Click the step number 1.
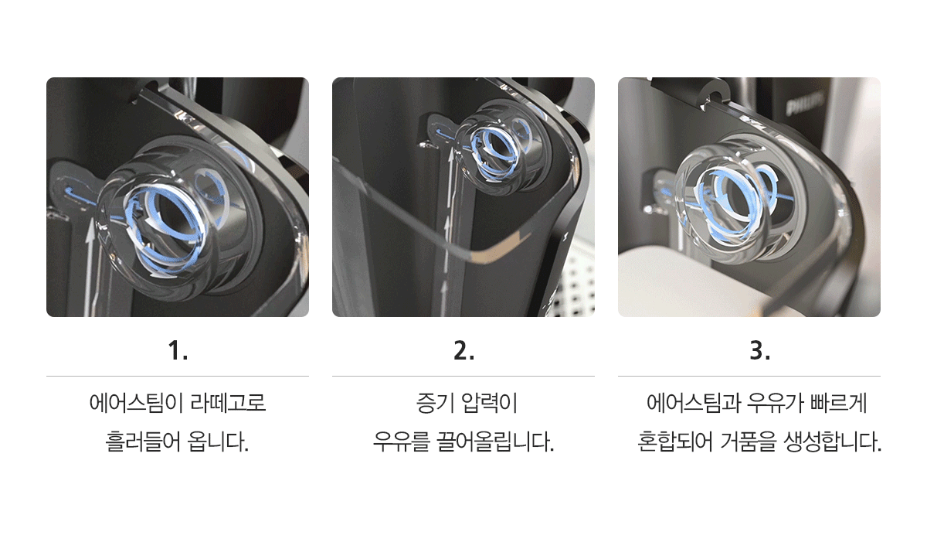[x=178, y=350]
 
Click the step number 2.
[x=464, y=350]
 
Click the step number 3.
[x=760, y=350]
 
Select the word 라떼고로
[x=228, y=403]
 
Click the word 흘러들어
[x=143, y=442]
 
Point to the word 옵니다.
[x=218, y=442]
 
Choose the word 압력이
[x=490, y=403]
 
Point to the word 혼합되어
[x=675, y=442]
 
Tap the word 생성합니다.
[x=833, y=442]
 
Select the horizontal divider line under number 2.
[x=463, y=377]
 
